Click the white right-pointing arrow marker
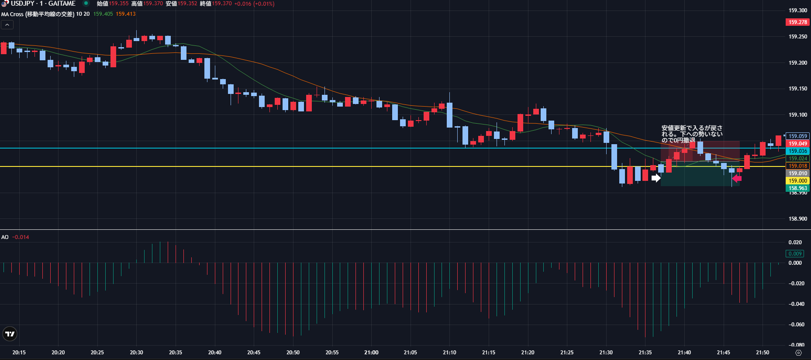click(x=656, y=178)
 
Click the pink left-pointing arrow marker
click(x=737, y=178)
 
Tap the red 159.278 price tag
click(x=797, y=22)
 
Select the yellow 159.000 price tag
click(x=797, y=181)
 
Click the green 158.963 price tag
click(x=797, y=188)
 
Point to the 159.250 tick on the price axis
click(x=797, y=37)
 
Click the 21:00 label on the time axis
click(x=371, y=353)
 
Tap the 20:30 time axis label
click(x=136, y=353)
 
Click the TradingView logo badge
click(x=10, y=334)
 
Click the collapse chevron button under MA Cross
click(x=7, y=25)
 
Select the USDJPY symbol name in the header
click(x=22, y=3)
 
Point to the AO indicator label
click(x=5, y=237)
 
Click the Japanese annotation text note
click(x=692, y=134)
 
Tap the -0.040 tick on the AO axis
click(x=796, y=304)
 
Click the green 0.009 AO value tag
click(x=795, y=254)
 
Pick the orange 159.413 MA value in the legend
click(x=126, y=14)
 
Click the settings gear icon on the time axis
click(x=798, y=353)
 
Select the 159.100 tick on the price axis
click(x=797, y=115)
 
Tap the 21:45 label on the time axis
click(x=723, y=353)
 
